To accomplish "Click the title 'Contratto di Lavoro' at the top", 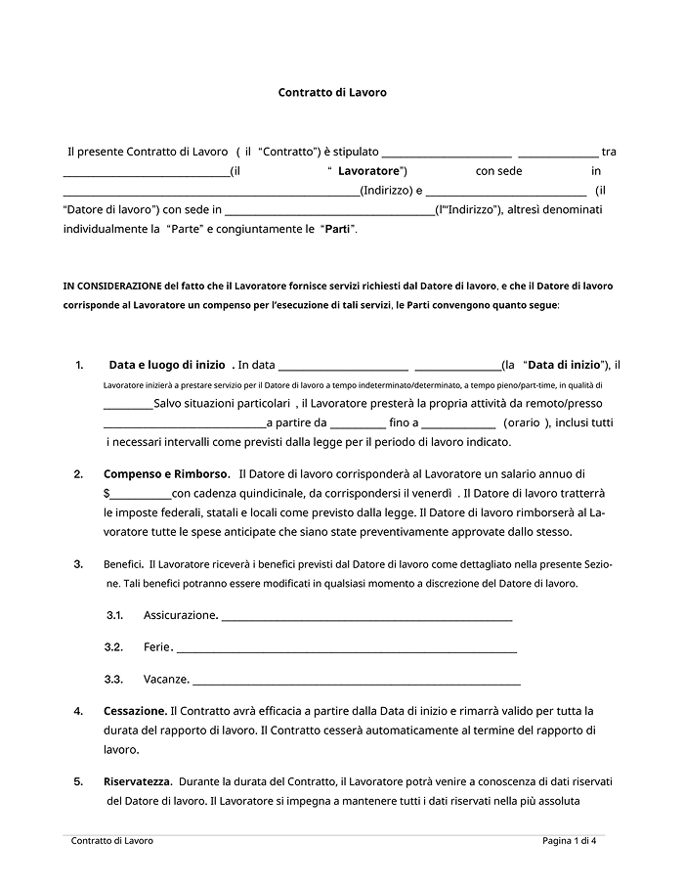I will [332, 93].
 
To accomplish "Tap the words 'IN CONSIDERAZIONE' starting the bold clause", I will [112, 287].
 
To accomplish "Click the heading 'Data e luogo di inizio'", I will [167, 365].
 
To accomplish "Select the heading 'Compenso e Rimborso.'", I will [167, 473].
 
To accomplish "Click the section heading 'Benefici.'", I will [124, 564].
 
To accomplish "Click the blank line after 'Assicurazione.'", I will [366, 616].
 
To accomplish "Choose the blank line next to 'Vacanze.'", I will [356, 680].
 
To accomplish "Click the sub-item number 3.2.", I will [113, 647].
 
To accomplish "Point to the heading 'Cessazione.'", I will [135, 711].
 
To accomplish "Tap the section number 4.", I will [78, 711].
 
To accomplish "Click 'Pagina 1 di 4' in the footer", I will [570, 841].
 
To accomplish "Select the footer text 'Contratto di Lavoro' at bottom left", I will [112, 841].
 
